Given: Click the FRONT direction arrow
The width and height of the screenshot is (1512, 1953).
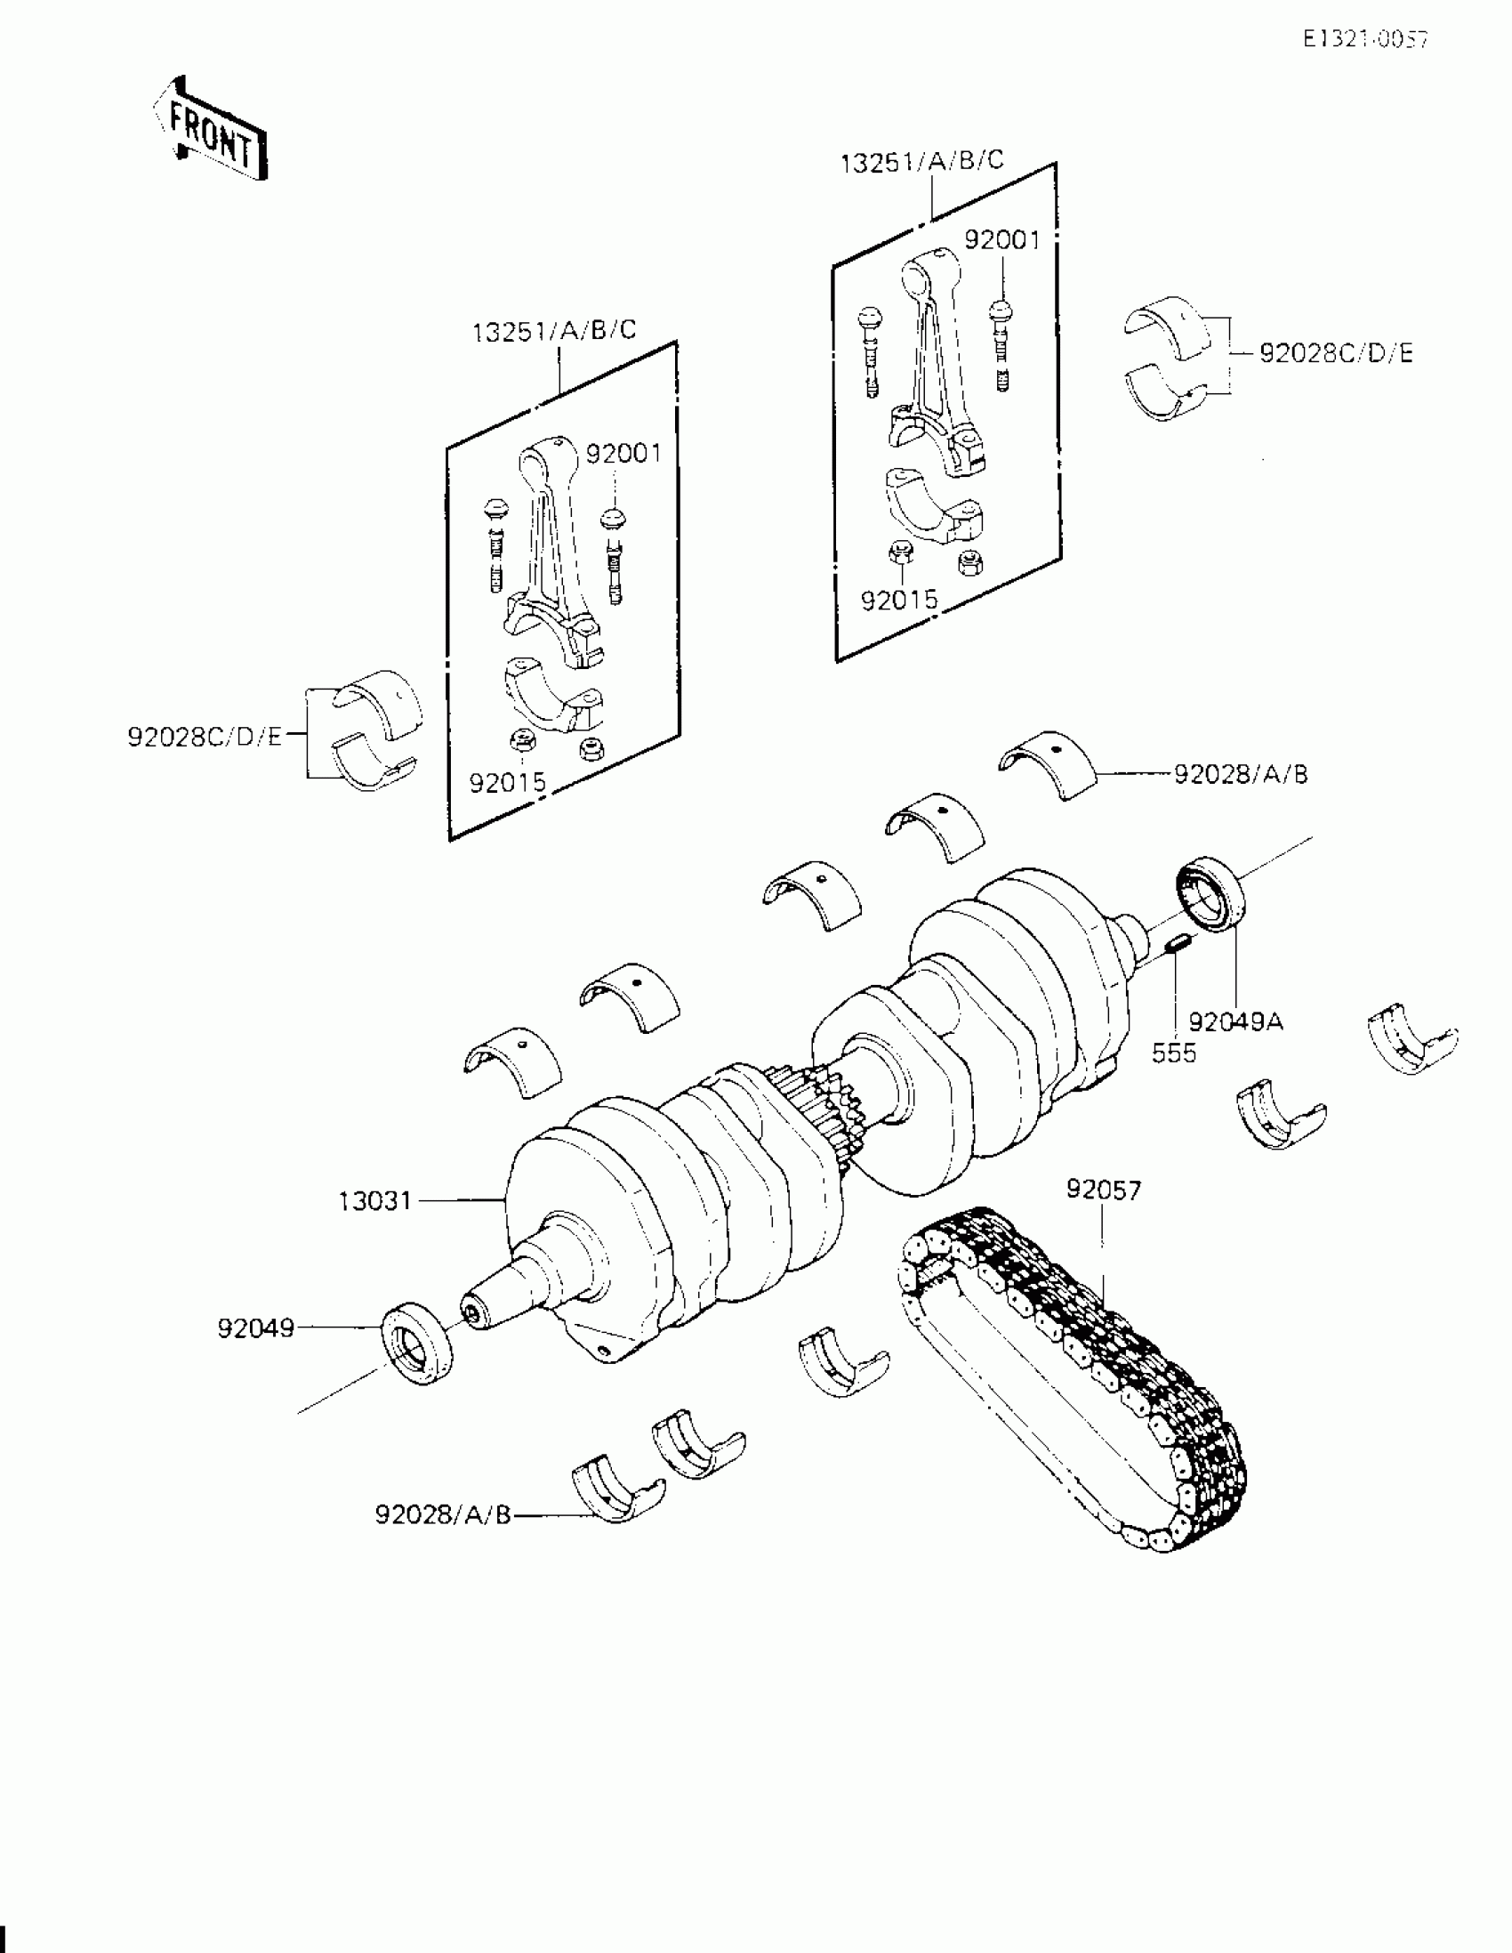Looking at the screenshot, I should (x=210, y=131).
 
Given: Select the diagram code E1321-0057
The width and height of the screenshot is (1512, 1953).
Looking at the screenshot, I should (x=1364, y=39).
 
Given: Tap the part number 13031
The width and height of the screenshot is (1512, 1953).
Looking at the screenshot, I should (x=374, y=1201).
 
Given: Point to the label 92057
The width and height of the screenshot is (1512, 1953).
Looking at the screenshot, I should (x=1104, y=1190).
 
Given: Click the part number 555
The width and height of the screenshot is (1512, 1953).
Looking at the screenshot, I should (x=1173, y=1053).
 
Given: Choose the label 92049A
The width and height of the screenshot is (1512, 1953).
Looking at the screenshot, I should (x=1235, y=1021).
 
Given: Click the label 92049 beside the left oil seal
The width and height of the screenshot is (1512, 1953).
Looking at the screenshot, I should (x=256, y=1328).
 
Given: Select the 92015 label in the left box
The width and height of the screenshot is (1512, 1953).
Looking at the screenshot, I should (x=507, y=783).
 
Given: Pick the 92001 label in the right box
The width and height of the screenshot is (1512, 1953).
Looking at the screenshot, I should (x=1002, y=240).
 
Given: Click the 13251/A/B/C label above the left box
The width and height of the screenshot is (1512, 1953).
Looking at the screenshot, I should (x=554, y=331).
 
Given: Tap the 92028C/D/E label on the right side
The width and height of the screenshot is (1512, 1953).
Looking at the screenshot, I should (x=1336, y=354).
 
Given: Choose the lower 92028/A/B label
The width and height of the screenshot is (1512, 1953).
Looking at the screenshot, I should (x=443, y=1515).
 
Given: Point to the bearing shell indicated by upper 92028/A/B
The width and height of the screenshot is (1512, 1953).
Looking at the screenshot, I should (x=1048, y=764).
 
